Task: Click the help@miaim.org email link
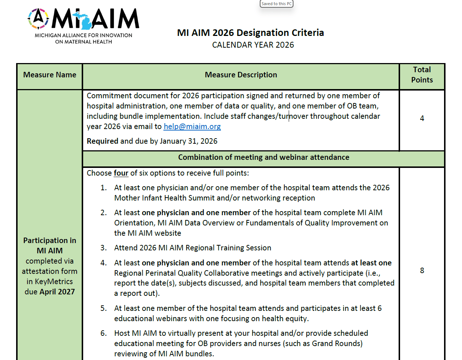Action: click(192, 126)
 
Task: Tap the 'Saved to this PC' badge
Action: click(277, 4)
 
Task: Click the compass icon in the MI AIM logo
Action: click(38, 18)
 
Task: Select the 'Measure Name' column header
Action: click(50, 75)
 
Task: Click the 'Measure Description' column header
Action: click(241, 75)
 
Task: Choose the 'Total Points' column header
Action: click(422, 75)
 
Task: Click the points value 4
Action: click(422, 118)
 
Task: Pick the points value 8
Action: click(422, 271)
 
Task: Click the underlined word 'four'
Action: click(121, 173)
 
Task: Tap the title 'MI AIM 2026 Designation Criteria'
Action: click(250, 33)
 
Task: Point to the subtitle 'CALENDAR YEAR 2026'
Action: click(253, 45)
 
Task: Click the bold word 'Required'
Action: click(103, 141)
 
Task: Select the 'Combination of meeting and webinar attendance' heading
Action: click(263, 157)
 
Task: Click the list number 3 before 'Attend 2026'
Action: click(104, 248)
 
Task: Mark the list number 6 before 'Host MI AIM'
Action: click(104, 333)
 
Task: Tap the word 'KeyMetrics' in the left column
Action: click(54, 282)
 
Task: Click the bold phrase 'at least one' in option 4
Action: click(371, 263)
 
